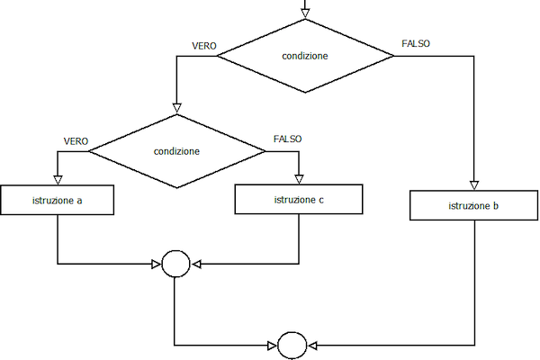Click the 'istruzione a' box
point(58,200)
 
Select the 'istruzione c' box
point(299,200)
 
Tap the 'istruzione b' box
point(474,205)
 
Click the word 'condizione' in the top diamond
point(305,56)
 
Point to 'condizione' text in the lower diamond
point(176,151)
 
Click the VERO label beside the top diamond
point(204,46)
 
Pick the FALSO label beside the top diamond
point(416,43)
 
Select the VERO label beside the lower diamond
point(76,141)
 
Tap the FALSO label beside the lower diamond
point(288,139)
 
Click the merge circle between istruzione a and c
point(175,264)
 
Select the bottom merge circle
point(292,346)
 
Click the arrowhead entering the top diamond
point(305,13)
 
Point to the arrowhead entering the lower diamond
point(176,108)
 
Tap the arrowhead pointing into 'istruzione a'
point(58,180)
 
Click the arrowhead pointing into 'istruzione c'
point(299,179)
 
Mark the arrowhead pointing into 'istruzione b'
point(474,185)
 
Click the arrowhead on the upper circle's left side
point(157,265)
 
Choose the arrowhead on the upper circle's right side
point(196,265)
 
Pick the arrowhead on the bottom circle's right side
point(312,346)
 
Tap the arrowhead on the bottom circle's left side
point(273,346)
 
